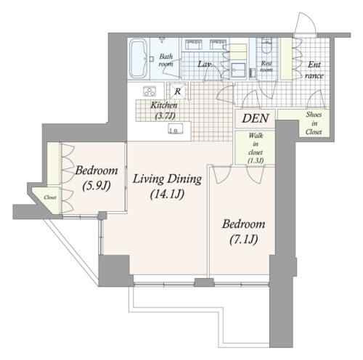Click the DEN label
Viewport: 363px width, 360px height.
[x=256, y=118]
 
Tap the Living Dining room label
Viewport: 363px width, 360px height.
[x=167, y=179]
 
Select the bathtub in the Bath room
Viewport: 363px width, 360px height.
[x=139, y=59]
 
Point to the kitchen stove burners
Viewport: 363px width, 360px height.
[x=150, y=91]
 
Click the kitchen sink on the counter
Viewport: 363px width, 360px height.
[x=176, y=128]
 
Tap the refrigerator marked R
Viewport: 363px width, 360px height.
[x=178, y=91]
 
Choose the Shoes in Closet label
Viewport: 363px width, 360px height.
[x=314, y=123]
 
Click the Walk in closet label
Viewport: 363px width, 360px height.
[x=256, y=148]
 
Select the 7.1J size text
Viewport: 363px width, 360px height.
[x=244, y=240]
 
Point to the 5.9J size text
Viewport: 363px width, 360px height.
[x=97, y=186]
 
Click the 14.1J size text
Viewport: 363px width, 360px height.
[x=167, y=195]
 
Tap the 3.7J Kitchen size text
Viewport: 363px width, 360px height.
[x=165, y=116]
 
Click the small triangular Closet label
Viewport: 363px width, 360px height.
[x=50, y=197]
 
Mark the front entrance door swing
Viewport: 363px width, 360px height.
[x=306, y=23]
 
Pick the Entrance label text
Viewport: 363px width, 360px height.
[x=314, y=70]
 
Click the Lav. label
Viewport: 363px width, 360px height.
[x=205, y=65]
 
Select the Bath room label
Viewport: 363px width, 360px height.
[x=166, y=60]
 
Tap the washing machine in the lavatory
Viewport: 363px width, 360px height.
[x=238, y=70]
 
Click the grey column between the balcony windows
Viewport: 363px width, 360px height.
[x=204, y=282]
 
